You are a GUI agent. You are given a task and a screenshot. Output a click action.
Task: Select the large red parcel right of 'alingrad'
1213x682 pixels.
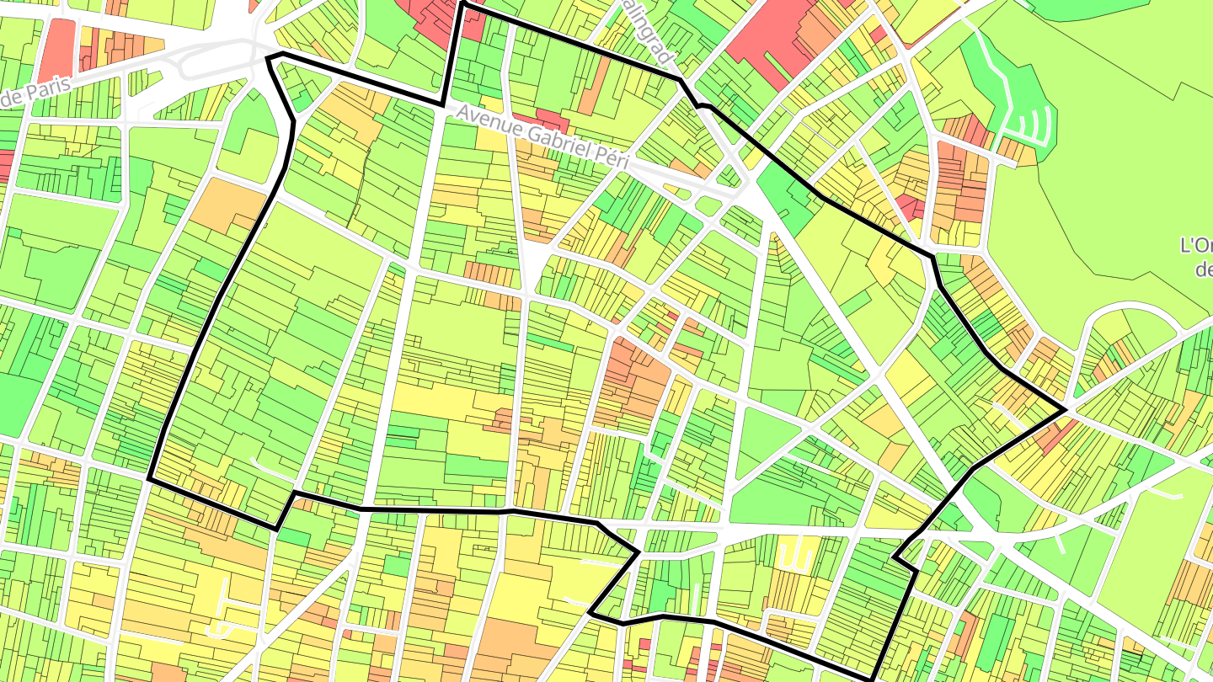(x=771, y=42)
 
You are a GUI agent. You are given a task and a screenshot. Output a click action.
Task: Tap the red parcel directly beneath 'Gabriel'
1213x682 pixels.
(x=551, y=120)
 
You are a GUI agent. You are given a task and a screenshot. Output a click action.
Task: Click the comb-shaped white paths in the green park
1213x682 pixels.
(x=1032, y=124)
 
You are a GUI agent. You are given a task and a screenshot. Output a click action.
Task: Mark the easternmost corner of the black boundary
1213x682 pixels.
(x=1066, y=410)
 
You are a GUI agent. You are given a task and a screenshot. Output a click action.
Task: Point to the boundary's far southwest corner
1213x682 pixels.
(x=149, y=478)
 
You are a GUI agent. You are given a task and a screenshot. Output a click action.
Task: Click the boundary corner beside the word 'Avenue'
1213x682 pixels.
(x=442, y=104)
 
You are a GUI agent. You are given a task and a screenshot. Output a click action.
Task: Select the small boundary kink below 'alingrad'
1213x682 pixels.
(x=698, y=105)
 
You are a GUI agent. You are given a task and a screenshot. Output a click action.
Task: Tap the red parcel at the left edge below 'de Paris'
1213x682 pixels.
(x=4, y=164)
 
